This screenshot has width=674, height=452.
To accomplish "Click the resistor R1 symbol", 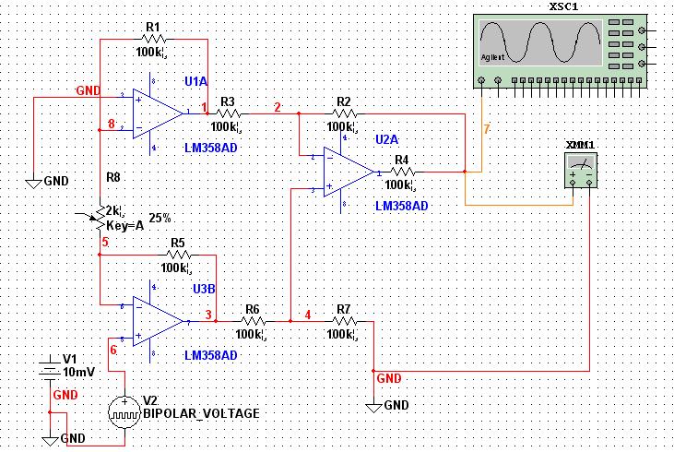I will tap(153, 39).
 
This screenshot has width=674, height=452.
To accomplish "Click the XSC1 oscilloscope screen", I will tap(538, 44).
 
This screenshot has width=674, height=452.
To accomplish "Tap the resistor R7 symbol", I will tap(343, 321).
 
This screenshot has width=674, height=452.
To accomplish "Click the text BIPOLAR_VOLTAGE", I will tap(201, 413).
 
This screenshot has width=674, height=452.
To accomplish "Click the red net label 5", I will tap(105, 242).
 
